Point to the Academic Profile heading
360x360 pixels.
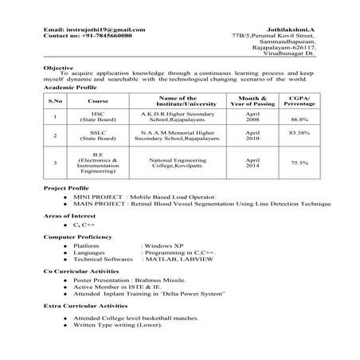pos(72,88)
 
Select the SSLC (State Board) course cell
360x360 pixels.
pos(99,136)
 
